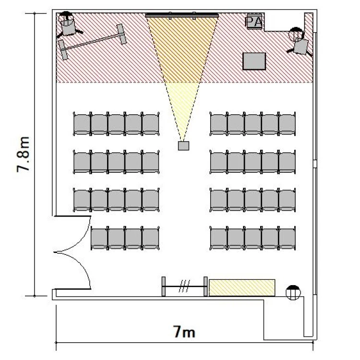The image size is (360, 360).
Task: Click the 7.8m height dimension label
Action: tap(23, 154)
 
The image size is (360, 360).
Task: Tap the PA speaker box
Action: tap(254, 22)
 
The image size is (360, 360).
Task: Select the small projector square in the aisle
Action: tap(183, 146)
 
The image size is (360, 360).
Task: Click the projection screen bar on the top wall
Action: tap(182, 15)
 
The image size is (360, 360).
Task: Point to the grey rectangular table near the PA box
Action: tap(254, 61)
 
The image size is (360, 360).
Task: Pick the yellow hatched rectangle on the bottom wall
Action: tap(242, 288)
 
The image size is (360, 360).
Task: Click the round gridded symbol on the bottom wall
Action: tap(293, 292)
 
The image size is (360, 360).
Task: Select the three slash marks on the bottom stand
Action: tap(184, 286)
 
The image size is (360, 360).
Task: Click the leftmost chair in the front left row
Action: tap(82, 124)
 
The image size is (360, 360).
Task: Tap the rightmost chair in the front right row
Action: tap(287, 124)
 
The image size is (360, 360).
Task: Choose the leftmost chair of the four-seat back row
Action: tap(99, 238)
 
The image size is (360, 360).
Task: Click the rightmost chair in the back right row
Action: tap(287, 238)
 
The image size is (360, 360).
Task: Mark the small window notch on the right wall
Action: tap(315, 164)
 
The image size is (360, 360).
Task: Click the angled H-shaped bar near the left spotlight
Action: tap(93, 42)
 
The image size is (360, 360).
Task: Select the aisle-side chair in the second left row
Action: tap(150, 162)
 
